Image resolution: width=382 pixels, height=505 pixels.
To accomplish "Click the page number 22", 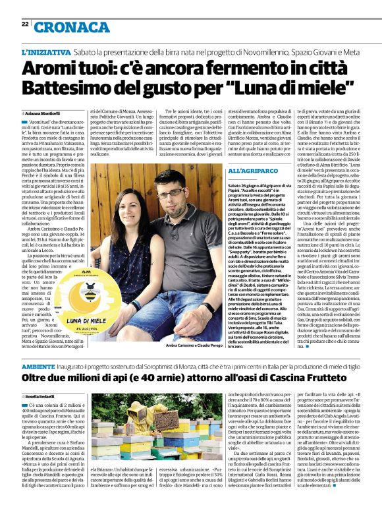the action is (x=24, y=24).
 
